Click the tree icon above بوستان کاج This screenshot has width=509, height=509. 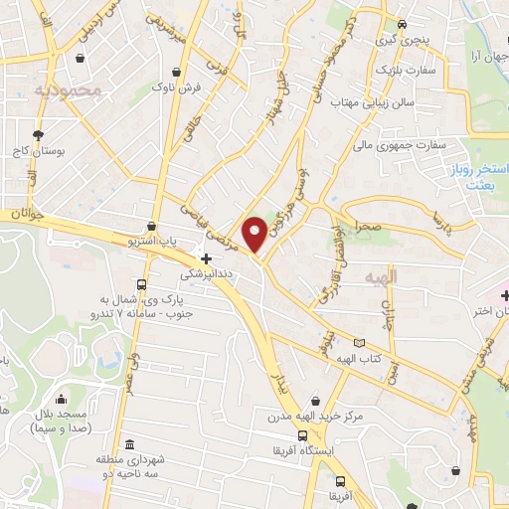coord(39,133)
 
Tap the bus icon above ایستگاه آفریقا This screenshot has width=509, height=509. coord(301,435)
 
